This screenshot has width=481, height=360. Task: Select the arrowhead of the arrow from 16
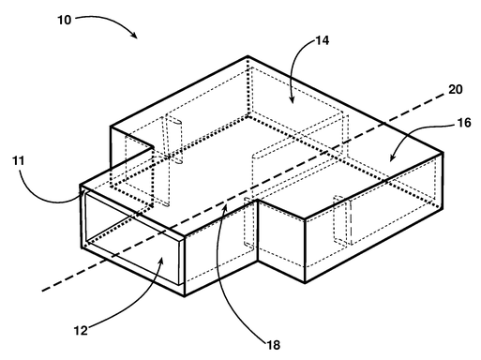pyautogui.click(x=392, y=161)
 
